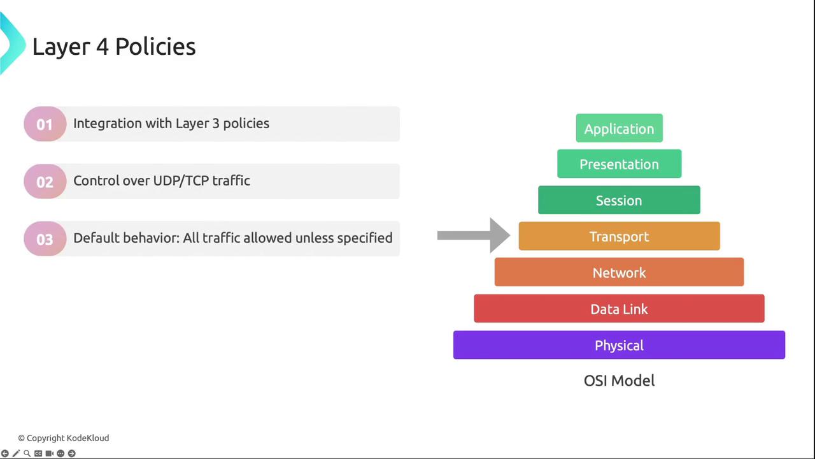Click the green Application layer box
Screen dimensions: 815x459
(620, 128)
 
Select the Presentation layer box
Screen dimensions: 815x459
(620, 164)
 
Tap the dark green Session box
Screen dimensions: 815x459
(619, 200)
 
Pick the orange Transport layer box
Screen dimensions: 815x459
(620, 236)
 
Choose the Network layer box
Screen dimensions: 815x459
(620, 272)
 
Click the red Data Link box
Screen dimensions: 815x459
(620, 308)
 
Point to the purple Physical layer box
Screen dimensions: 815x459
(620, 345)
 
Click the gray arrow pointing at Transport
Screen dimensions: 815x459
(473, 235)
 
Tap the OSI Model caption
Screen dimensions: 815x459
(620, 381)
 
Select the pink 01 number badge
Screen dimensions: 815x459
(45, 124)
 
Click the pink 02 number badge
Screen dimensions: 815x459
(45, 182)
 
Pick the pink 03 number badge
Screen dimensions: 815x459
(45, 238)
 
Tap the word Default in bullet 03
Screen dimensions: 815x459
(96, 238)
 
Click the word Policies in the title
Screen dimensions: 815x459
(155, 47)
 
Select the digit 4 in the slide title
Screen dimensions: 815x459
(103, 47)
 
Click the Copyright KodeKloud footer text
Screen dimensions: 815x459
(64, 438)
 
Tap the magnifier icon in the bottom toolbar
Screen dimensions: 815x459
(27, 453)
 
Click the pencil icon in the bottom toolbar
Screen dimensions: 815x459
(16, 453)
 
